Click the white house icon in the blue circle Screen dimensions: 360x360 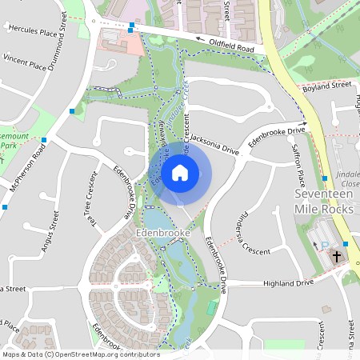click(x=180, y=173)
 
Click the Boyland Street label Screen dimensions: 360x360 click(x=328, y=85)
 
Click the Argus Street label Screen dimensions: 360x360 click(x=50, y=232)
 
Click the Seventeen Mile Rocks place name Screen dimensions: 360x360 click(x=323, y=202)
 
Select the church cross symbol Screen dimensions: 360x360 click(x=337, y=257)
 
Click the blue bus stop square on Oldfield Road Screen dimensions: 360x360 click(x=131, y=26)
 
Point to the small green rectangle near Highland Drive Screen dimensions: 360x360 click(x=211, y=308)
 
